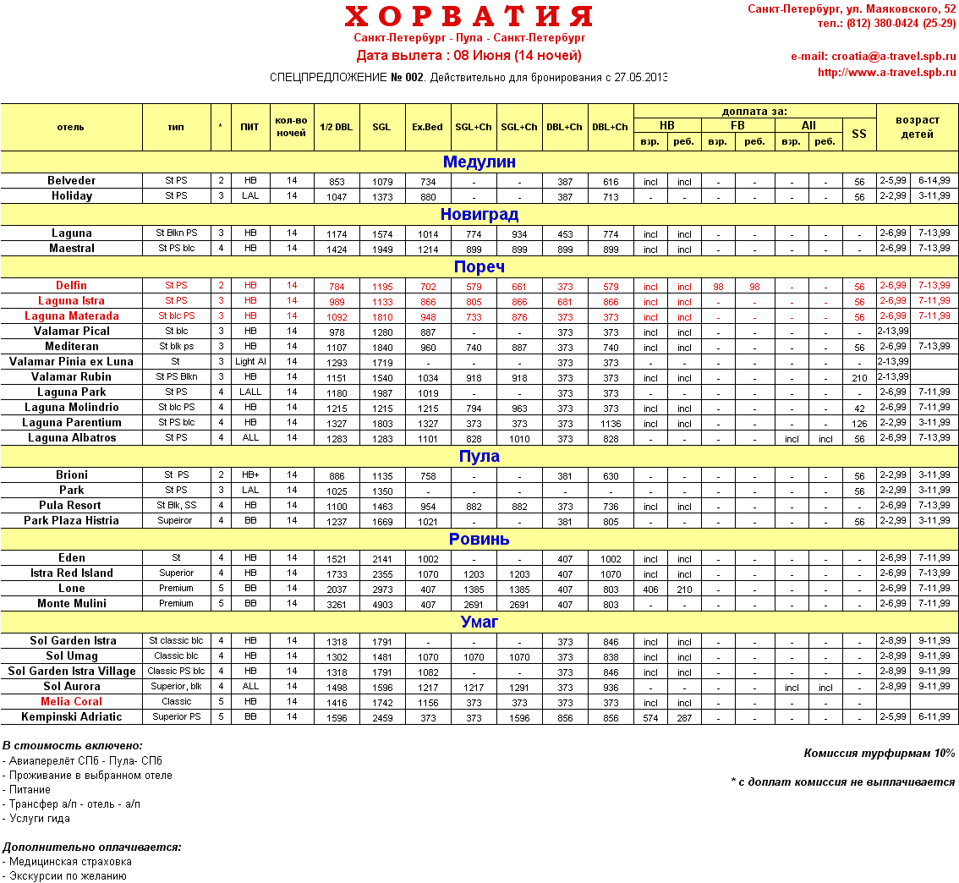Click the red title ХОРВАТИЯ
(469, 17)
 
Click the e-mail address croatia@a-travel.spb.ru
(873, 57)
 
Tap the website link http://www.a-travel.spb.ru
(886, 73)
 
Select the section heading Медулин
(479, 162)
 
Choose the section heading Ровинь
(479, 540)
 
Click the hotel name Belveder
(72, 181)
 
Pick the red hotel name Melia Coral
(72, 702)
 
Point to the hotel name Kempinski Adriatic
(72, 717)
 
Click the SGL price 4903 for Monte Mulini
(381, 605)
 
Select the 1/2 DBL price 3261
(337, 605)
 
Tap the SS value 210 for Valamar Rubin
(859, 378)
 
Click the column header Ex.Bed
(427, 128)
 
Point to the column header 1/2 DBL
(337, 128)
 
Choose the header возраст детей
(918, 128)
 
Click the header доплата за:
(754, 111)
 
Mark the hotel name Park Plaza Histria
(72, 521)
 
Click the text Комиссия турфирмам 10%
(880, 754)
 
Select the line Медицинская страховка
(69, 862)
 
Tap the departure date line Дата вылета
(469, 56)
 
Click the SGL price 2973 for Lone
(381, 590)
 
